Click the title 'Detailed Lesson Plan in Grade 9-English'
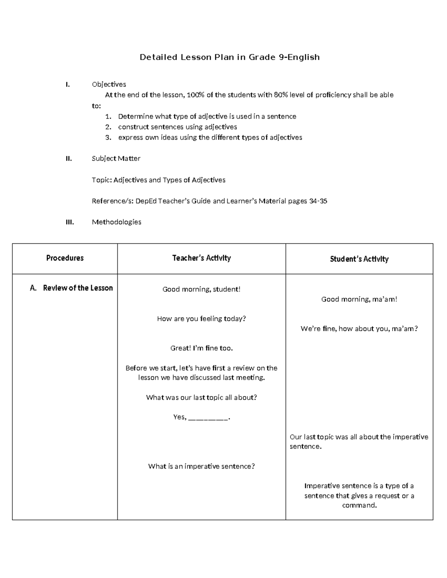(229, 57)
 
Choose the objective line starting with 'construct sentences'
(177, 127)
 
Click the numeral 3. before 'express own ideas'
(108, 137)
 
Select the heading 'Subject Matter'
(116, 159)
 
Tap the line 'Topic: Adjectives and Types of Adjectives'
(158, 180)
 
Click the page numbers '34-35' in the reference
(318, 201)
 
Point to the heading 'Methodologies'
(116, 222)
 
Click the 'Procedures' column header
(65, 258)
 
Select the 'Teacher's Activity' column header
(201, 258)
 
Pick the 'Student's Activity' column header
(359, 259)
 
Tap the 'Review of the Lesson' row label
(77, 288)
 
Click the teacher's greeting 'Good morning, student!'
(201, 289)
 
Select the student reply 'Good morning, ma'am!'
(359, 299)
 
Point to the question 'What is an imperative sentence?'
(201, 466)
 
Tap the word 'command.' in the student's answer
(359, 505)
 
